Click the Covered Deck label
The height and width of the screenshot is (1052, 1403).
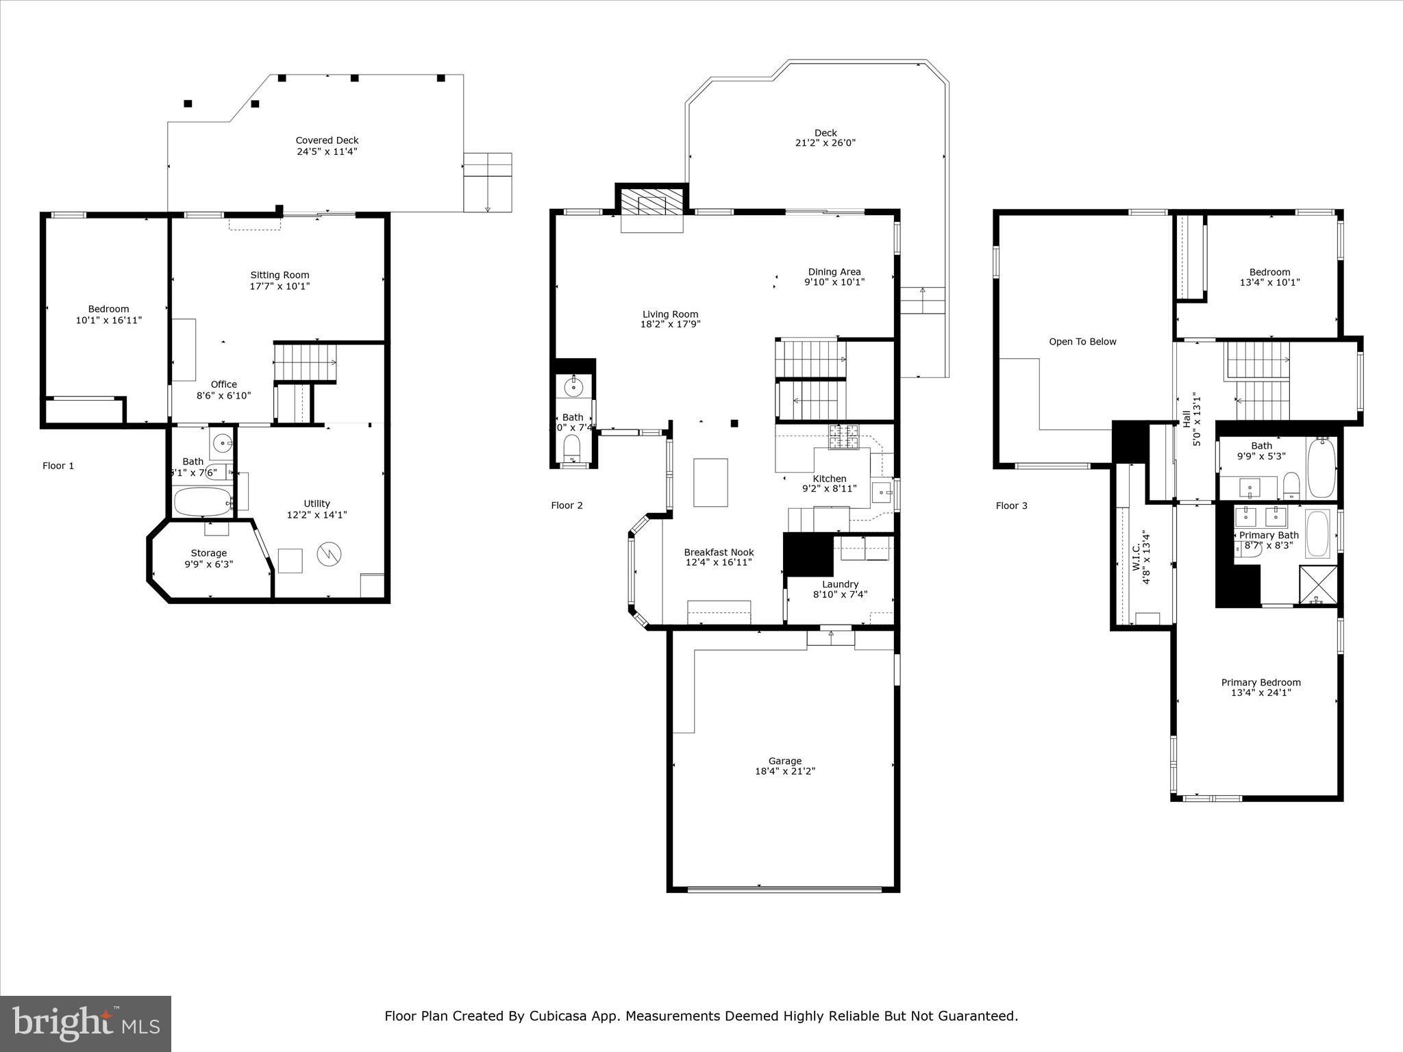pos(327,140)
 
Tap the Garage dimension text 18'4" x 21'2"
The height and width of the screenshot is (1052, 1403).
pos(784,771)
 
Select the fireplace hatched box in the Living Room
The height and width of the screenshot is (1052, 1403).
pos(651,203)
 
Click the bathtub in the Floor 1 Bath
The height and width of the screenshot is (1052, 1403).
pos(203,501)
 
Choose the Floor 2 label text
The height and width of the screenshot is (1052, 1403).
pos(567,505)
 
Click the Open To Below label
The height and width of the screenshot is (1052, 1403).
pos(1082,342)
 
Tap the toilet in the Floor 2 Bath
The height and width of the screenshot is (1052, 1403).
pos(571,449)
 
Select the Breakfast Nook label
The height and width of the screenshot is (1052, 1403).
pos(719,552)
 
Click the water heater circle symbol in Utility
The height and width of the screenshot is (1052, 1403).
pos(328,553)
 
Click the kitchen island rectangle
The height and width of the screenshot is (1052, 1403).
pos(710,482)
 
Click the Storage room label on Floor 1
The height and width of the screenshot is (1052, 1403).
pos(209,553)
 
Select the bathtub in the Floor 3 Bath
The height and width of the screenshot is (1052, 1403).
pos(1321,468)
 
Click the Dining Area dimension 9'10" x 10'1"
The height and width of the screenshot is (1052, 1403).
pos(834,281)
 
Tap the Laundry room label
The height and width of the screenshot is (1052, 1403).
pos(840,584)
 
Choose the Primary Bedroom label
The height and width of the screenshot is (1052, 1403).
pos(1261,682)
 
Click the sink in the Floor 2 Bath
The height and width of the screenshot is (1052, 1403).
pos(573,387)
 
